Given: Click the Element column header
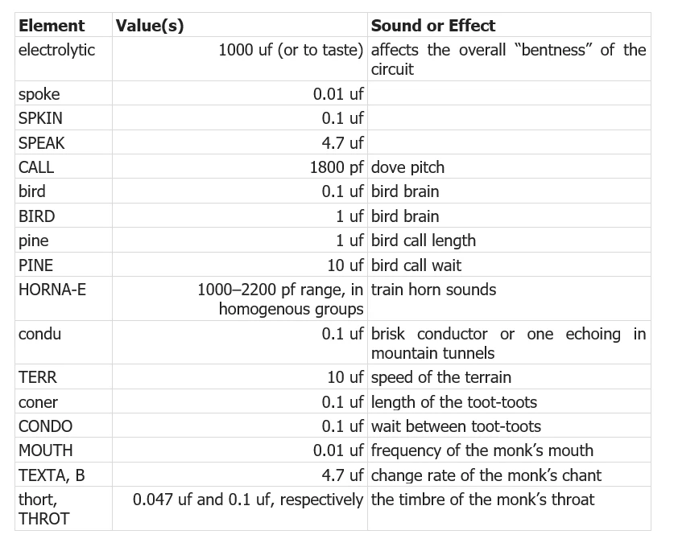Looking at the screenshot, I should (x=52, y=25).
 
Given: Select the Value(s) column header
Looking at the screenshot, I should (x=150, y=25).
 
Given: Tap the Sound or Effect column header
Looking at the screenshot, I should (x=433, y=25).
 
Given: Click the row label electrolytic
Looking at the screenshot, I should (x=56, y=50).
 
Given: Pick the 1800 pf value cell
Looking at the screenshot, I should (x=337, y=167).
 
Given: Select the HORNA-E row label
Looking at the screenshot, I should (x=52, y=289).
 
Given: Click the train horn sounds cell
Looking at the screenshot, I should (x=433, y=289).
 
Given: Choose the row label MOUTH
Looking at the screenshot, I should (x=45, y=450).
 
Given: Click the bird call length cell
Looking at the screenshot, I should (x=424, y=241).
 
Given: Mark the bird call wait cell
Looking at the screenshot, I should (x=416, y=265).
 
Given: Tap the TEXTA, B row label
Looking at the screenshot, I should (x=51, y=475).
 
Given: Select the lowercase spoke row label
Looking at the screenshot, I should (x=39, y=94).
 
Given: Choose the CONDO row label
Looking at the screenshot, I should (x=45, y=426).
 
